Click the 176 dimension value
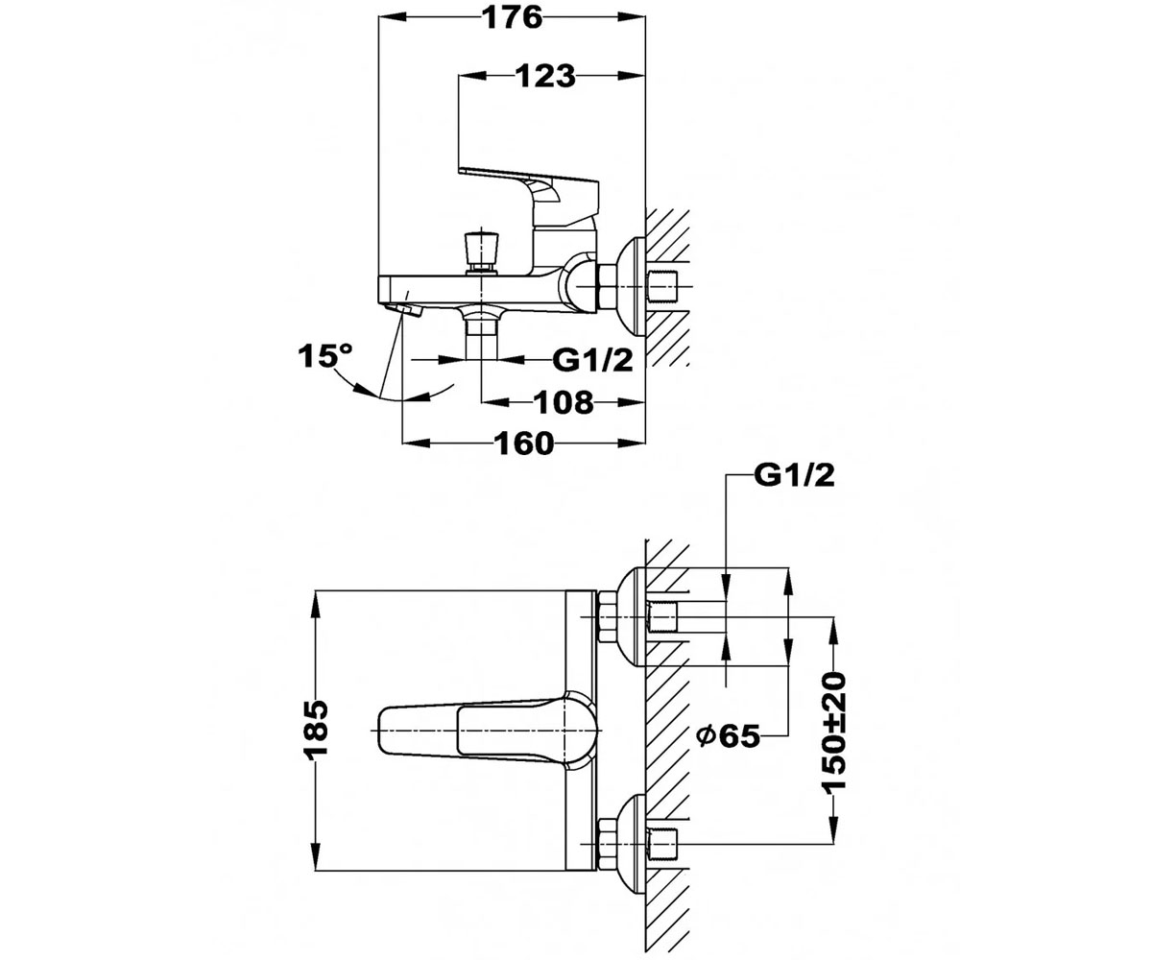pos(513,18)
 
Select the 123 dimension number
pos(545,76)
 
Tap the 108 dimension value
pos(564,402)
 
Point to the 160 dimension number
pos(523,443)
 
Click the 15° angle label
pos(325,355)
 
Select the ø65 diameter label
pos(729,736)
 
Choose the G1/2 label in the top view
pos(794,475)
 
